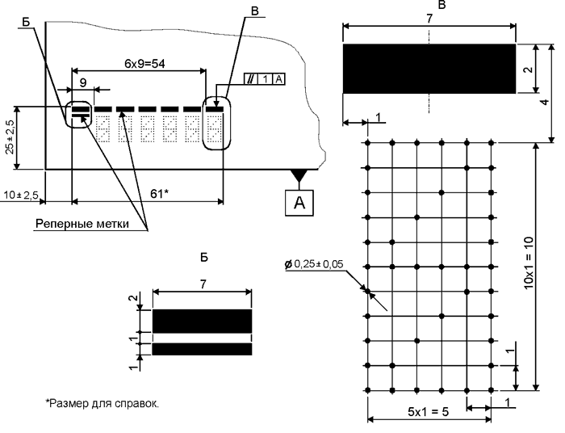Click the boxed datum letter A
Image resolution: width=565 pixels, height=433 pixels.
pyautogui.click(x=299, y=203)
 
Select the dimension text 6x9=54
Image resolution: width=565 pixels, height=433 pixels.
pyautogui.click(x=144, y=64)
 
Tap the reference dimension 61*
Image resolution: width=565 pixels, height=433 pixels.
pyautogui.click(x=159, y=194)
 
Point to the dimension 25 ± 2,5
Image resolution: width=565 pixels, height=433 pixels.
pyautogui.click(x=10, y=137)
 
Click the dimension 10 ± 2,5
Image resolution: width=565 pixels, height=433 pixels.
pyautogui.click(x=21, y=195)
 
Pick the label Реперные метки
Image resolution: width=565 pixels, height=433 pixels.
pyautogui.click(x=82, y=224)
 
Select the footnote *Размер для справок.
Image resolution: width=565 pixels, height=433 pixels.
pyautogui.click(x=102, y=403)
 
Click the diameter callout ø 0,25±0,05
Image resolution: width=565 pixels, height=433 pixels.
pyautogui.click(x=314, y=264)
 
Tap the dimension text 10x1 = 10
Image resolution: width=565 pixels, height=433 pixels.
pyautogui.click(x=529, y=263)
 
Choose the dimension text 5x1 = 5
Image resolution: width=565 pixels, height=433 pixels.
pyautogui.click(x=429, y=411)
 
